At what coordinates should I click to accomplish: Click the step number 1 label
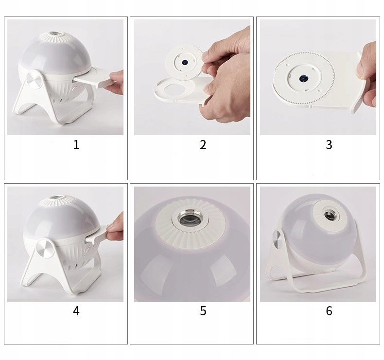pyautogui.click(x=76, y=145)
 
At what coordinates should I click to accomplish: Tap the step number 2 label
pyautogui.click(x=203, y=145)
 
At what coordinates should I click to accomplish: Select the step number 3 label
pyautogui.click(x=329, y=145)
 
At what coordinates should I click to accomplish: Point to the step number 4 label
pyautogui.click(x=76, y=311)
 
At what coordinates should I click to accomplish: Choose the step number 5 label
pyautogui.click(x=203, y=311)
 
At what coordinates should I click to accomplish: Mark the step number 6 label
pyautogui.click(x=329, y=311)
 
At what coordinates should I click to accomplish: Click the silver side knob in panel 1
pyautogui.click(x=33, y=79)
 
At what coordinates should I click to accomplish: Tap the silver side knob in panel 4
pyautogui.click(x=44, y=248)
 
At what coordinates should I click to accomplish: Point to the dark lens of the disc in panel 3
pyautogui.click(x=304, y=79)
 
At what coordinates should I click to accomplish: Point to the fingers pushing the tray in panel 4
pyautogui.click(x=115, y=228)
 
